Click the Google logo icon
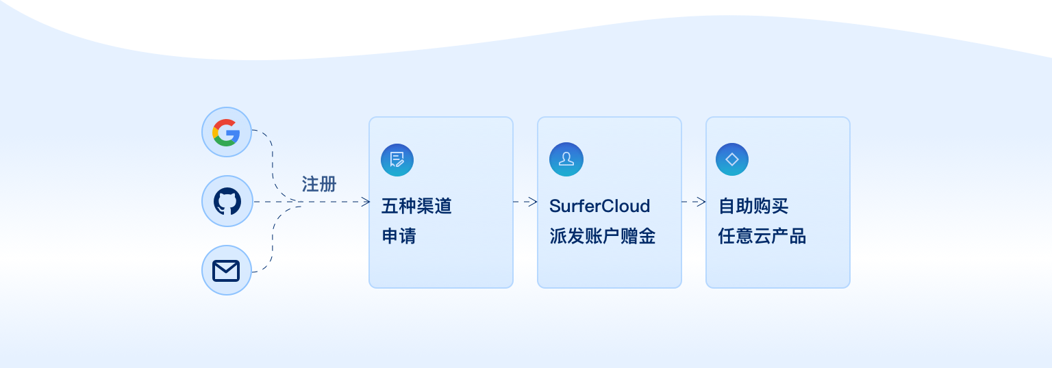[x=227, y=132]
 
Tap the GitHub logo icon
[x=227, y=202]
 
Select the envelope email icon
[x=227, y=271]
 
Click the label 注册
[x=319, y=184]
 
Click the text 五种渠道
[x=416, y=206]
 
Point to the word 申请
[x=399, y=237]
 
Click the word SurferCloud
[x=599, y=206]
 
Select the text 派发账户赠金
[x=602, y=237]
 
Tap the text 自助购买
[x=753, y=206]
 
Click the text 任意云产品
[x=762, y=237]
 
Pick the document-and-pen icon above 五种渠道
[x=397, y=160]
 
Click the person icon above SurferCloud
[x=566, y=159]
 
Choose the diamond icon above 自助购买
[x=732, y=159]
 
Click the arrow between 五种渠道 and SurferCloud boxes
[x=525, y=202]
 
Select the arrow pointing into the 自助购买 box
[x=694, y=202]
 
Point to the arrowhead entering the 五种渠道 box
[x=365, y=202]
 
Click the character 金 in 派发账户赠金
[x=647, y=237]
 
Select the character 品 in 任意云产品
[x=797, y=237]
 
